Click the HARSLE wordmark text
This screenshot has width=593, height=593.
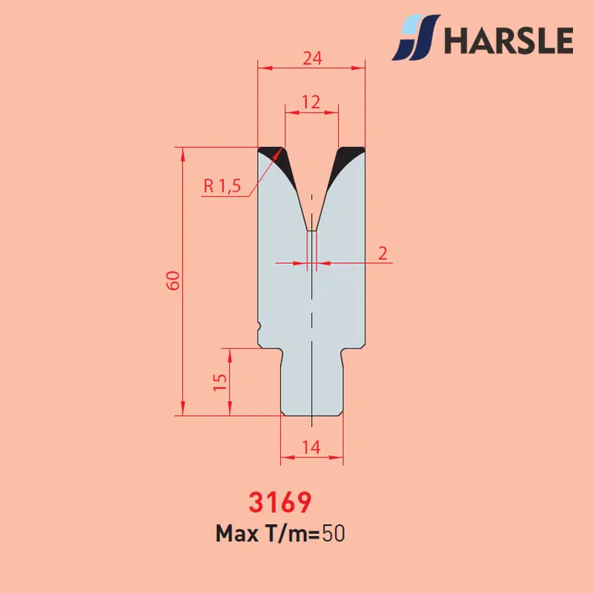(508, 41)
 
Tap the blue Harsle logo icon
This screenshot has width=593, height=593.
(416, 37)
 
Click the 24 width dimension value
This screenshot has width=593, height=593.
(312, 59)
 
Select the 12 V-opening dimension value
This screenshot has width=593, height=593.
(311, 102)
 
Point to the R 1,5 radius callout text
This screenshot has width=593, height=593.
(222, 186)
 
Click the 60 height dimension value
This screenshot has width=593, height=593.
(173, 281)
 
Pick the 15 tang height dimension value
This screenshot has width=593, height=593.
(220, 382)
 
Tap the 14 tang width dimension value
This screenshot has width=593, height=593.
(311, 448)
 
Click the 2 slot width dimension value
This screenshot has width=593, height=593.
(382, 254)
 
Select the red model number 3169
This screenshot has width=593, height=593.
(280, 502)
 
